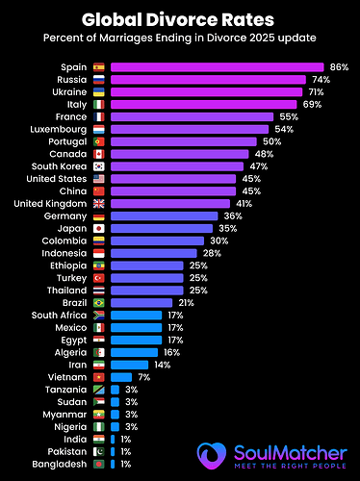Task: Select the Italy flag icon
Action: tap(99, 104)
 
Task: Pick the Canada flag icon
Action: tap(99, 154)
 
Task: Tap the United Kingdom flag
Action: tap(99, 203)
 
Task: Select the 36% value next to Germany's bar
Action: tap(233, 216)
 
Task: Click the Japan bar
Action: tap(164, 229)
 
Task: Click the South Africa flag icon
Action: tap(99, 316)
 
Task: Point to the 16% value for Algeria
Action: tap(172, 352)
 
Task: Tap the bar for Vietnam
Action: tap(121, 377)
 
